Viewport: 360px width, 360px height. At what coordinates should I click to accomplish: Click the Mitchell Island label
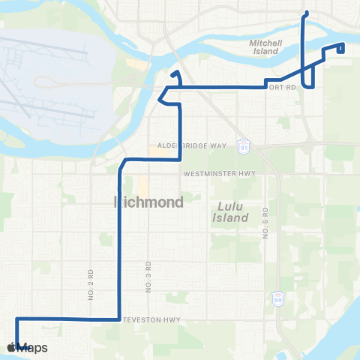click(x=265, y=48)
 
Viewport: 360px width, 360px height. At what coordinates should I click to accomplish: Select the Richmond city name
click(x=148, y=202)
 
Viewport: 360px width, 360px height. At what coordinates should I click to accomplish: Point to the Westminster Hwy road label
click(x=220, y=173)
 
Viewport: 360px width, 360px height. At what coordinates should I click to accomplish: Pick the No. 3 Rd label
click(x=148, y=277)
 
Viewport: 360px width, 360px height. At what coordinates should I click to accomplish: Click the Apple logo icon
click(x=11, y=347)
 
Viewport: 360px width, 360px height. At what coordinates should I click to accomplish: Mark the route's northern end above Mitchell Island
click(x=304, y=13)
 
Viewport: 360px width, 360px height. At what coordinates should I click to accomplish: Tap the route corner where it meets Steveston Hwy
click(x=118, y=319)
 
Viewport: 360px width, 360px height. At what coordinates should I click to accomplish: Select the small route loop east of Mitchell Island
click(x=340, y=48)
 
